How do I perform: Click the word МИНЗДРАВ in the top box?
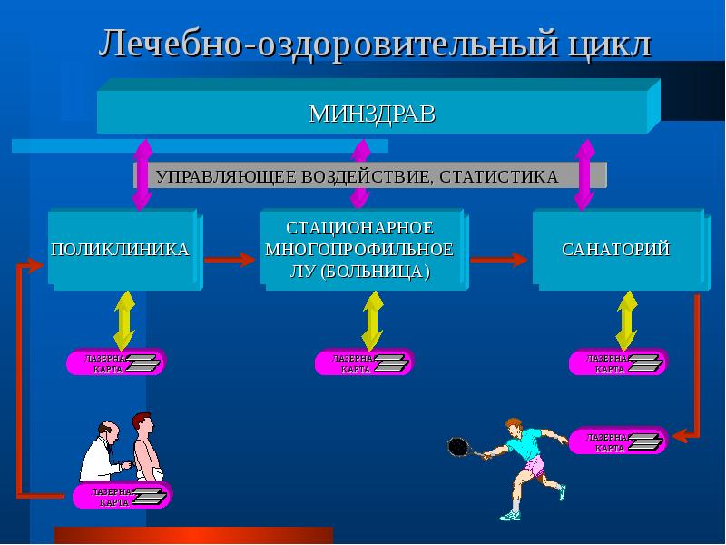point(372,114)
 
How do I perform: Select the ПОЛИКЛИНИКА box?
point(121,249)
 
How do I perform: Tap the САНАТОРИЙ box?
point(615,249)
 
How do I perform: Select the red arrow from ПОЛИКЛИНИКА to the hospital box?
point(229,260)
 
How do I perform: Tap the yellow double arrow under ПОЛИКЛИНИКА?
point(124,320)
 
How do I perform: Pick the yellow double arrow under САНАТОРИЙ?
point(625,320)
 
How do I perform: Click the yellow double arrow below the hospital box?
point(372,320)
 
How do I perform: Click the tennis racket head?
point(457,446)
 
